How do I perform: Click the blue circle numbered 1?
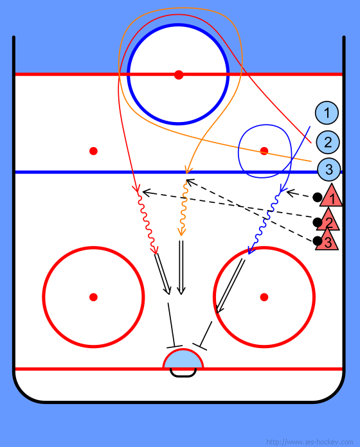(327, 113)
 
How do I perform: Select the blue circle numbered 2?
(328, 142)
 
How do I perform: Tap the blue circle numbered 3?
(329, 170)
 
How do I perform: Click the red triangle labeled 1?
(331, 196)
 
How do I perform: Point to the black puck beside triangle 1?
(317, 197)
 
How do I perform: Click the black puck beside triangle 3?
(317, 241)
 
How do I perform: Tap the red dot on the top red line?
(179, 74)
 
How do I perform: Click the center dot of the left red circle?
(93, 297)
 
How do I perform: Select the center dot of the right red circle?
(264, 297)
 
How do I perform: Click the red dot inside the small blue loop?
(264, 151)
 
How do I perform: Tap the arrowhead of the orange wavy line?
(181, 232)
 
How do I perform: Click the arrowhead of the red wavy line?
(155, 250)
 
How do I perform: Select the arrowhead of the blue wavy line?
(251, 250)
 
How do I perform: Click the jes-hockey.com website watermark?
(309, 442)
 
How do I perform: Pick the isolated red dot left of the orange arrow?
(93, 151)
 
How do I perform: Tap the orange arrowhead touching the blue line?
(188, 170)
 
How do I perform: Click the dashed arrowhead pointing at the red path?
(147, 193)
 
